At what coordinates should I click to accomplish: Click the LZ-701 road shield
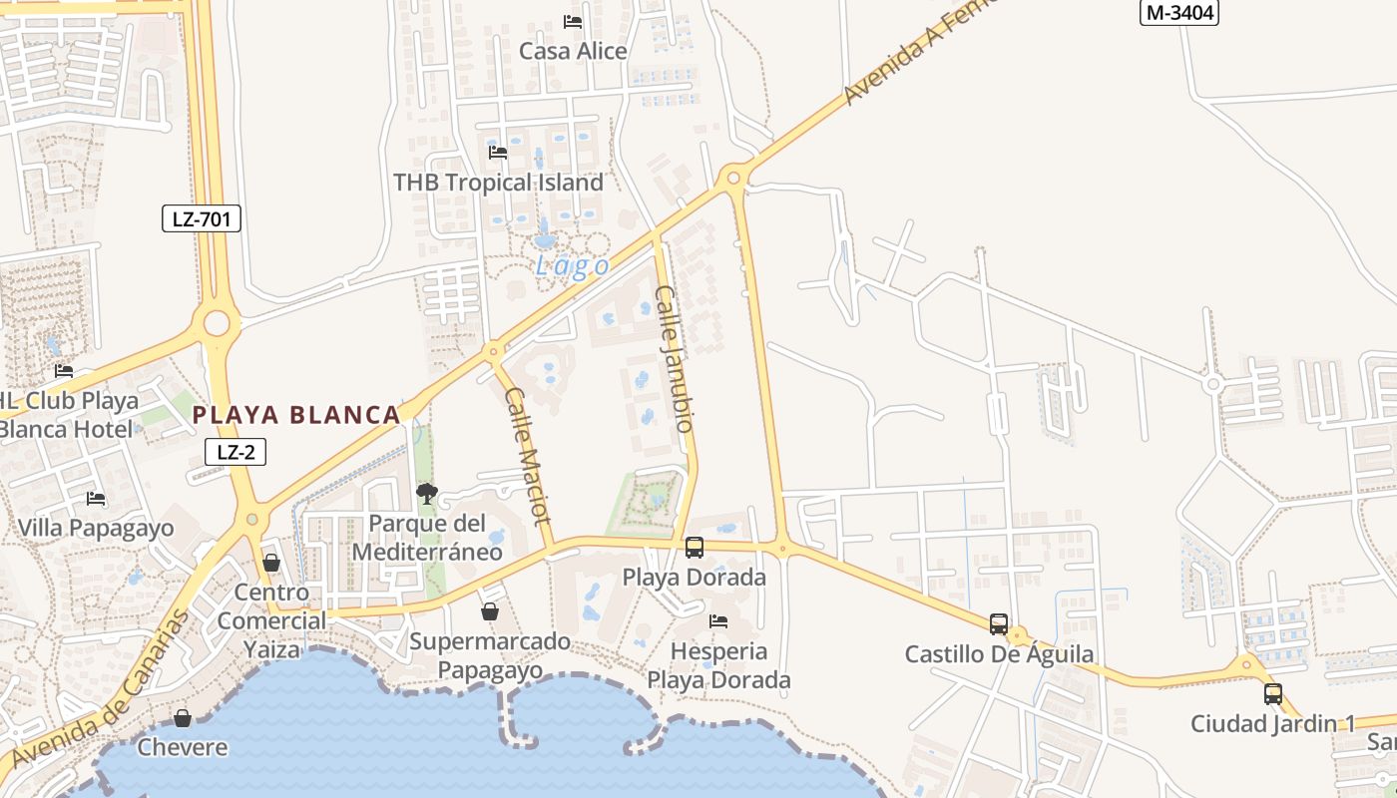pos(202,218)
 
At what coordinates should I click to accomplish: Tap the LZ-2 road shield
pos(235,452)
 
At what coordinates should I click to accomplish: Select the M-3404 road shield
pos(1179,12)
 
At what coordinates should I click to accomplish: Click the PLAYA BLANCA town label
pos(296,415)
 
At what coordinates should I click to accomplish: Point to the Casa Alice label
pos(573,51)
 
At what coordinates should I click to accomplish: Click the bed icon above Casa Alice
pos(573,21)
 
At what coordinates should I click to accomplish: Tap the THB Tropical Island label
pos(498,183)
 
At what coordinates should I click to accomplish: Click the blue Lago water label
pos(572,266)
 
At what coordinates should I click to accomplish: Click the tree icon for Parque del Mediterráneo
pos(427,493)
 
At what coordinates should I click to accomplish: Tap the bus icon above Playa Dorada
pos(695,548)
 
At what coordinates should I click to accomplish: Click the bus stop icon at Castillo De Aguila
pos(999,624)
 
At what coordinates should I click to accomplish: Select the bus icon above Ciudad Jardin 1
pos(1273,693)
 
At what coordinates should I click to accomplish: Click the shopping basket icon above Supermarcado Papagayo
pos(490,611)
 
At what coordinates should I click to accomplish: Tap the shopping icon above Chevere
pos(183,718)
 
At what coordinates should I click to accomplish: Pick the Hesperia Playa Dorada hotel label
pos(719,665)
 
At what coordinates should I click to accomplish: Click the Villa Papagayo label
pos(96,528)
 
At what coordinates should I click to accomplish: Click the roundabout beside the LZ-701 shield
pos(217,322)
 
